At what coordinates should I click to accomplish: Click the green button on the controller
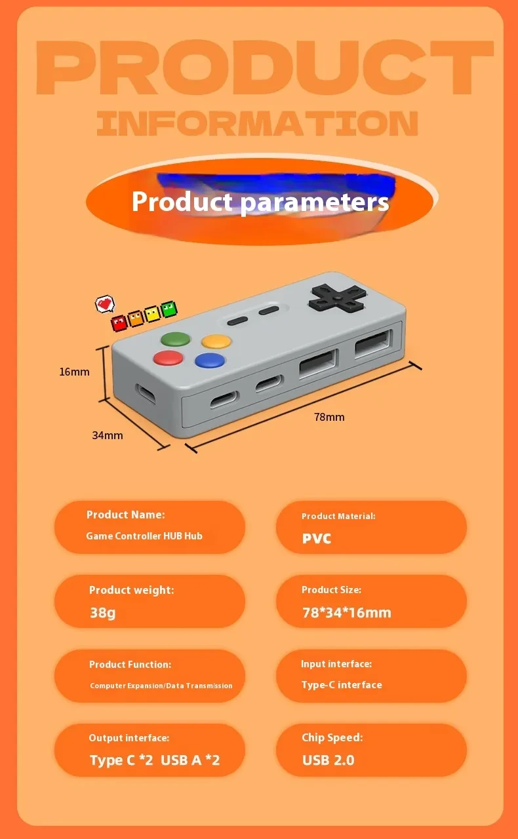[x=175, y=340]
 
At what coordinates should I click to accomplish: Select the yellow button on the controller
[x=216, y=341]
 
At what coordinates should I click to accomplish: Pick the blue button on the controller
[x=210, y=360]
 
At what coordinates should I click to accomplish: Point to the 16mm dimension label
[x=74, y=372]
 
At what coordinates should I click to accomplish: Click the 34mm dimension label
[x=107, y=435]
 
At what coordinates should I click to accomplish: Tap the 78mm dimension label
[x=329, y=417]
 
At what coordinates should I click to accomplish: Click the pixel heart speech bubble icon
[x=105, y=303]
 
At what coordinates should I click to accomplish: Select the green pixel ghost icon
[x=169, y=309]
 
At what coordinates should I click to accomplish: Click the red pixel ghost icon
[x=119, y=322]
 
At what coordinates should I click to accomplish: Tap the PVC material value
[x=317, y=539]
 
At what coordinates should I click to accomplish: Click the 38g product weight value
[x=102, y=613]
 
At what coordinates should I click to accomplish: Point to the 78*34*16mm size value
[x=346, y=613]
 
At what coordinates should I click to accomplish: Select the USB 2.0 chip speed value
[x=328, y=760]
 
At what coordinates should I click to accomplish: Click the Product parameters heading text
[x=260, y=201]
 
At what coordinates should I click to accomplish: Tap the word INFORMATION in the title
[x=257, y=124]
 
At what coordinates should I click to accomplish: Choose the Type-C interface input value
[x=341, y=684]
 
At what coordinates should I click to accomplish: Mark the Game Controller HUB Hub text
[x=144, y=536]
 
